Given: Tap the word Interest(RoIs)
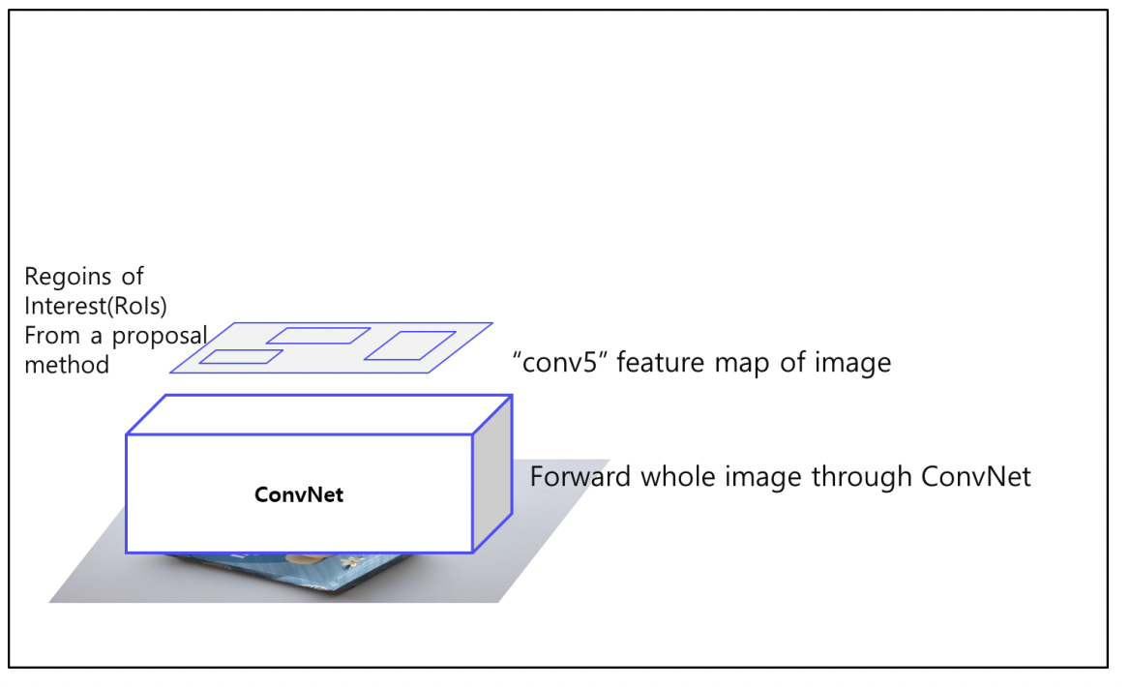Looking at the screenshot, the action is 96,307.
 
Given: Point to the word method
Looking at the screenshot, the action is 67,365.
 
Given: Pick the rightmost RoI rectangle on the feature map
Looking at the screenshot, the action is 409,345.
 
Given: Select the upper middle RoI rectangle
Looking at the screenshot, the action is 318,336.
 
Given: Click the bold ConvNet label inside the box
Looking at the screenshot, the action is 299,494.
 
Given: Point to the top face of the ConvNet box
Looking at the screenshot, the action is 319,414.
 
